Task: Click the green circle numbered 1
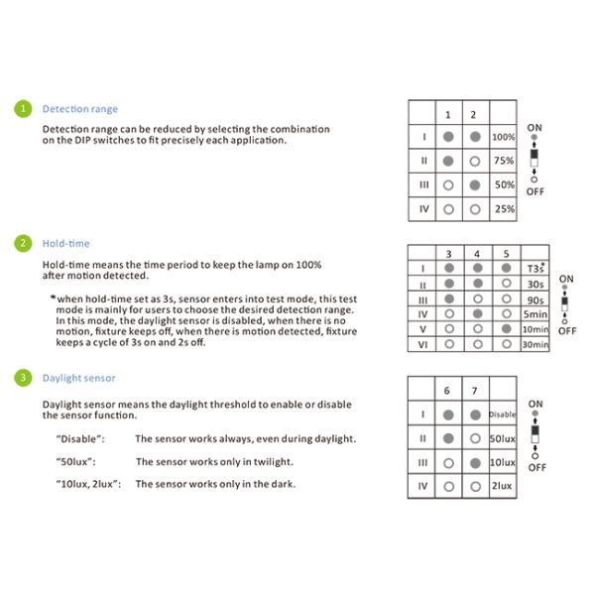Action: [20, 108]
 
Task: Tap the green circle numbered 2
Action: [20, 242]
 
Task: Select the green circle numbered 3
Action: [20, 378]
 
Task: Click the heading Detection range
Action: [79, 109]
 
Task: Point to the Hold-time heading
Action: [65, 243]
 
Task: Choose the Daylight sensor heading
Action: [78, 378]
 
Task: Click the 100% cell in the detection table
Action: [504, 137]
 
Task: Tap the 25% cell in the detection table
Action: [504, 209]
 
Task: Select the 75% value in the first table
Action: [504, 161]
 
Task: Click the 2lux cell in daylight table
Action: [502, 486]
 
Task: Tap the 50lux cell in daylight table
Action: [502, 437]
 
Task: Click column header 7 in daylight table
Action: [475, 391]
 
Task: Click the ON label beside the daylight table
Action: [535, 404]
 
